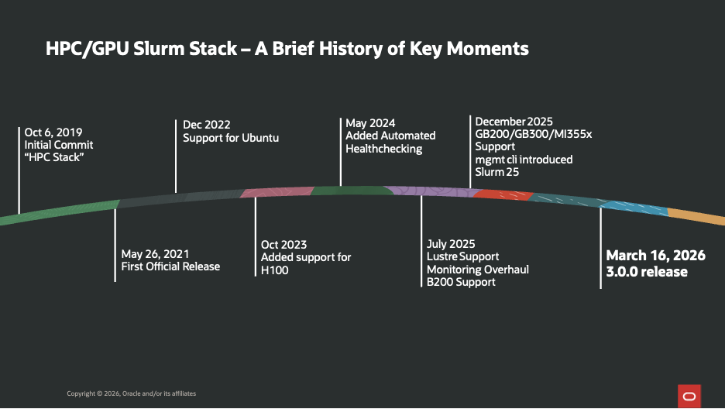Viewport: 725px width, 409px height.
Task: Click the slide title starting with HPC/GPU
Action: (x=287, y=49)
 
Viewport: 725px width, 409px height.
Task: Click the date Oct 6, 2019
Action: (x=53, y=132)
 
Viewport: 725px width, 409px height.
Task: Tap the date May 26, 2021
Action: (x=155, y=253)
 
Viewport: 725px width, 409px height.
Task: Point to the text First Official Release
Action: (x=170, y=266)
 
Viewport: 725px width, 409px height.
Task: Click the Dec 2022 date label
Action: (x=206, y=125)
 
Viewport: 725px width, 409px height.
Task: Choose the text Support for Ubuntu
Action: (x=231, y=138)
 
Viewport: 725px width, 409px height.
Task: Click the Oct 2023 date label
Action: (x=284, y=245)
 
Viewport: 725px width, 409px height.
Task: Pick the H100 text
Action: (x=275, y=270)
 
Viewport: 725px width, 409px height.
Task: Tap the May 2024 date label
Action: (x=370, y=123)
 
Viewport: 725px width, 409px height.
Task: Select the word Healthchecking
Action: (x=383, y=149)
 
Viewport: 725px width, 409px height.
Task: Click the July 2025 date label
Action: (x=451, y=244)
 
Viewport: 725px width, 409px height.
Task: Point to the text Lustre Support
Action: (x=463, y=256)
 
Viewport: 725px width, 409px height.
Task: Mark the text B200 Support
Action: (x=461, y=282)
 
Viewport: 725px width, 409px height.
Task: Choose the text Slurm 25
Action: (x=497, y=172)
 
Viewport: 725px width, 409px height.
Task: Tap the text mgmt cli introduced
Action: (x=524, y=160)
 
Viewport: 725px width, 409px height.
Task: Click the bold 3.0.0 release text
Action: (x=647, y=272)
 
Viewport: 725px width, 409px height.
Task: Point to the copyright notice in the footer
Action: (x=131, y=394)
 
